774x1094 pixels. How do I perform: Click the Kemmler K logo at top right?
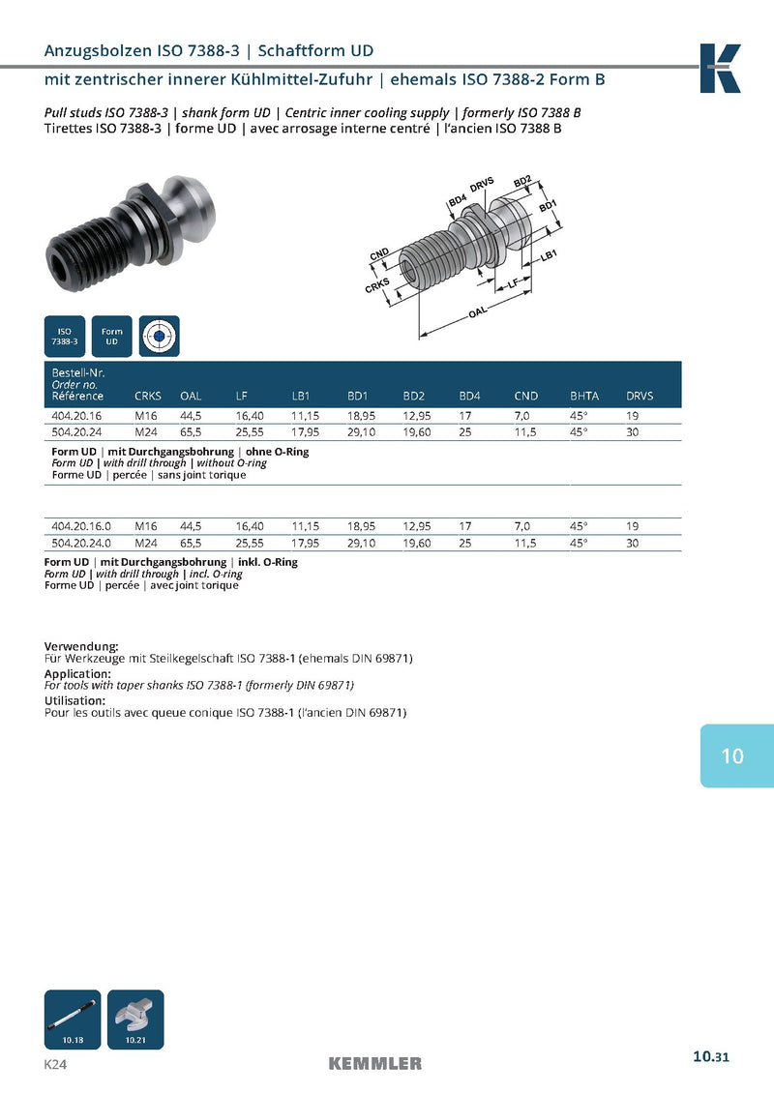pos(721,68)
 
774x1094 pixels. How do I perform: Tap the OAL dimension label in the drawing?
pos(476,313)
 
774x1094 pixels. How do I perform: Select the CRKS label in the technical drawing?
pos(377,285)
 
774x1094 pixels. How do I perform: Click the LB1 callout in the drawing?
pos(550,254)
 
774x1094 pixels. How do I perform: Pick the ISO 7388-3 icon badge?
pos(65,336)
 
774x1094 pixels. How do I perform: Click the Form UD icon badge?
pos(111,336)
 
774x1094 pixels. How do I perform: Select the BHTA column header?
pos(584,396)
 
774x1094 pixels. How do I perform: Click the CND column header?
pos(526,396)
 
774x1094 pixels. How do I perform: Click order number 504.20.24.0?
pos(80,543)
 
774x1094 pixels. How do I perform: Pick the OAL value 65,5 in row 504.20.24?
pos(191,432)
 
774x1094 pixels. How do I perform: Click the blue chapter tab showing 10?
pos(736,755)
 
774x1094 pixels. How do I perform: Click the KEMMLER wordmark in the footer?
pos(375,1064)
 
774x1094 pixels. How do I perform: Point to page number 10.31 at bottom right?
pos(710,1056)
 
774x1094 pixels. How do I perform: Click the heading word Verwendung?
pos(81,646)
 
